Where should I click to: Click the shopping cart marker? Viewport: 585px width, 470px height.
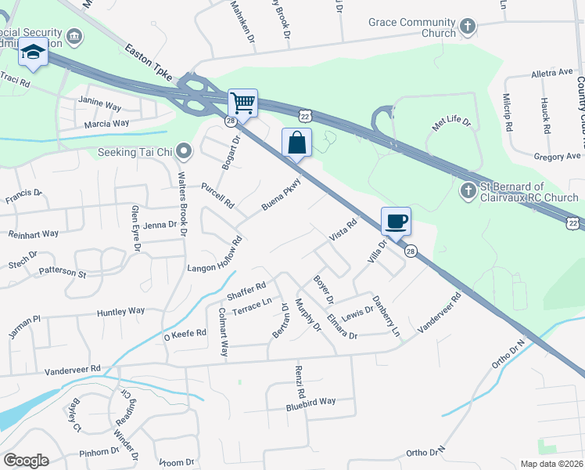point(242,103)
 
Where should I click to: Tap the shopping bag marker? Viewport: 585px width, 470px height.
point(296,143)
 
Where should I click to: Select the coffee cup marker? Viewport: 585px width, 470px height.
point(396,222)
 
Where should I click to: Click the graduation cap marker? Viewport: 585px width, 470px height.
point(34,52)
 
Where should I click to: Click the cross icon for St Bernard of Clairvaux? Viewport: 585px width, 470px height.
point(467,190)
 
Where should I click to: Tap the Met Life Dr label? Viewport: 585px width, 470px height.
point(452,122)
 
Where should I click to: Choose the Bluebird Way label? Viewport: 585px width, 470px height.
point(310,401)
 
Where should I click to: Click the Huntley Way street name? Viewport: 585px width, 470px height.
point(120,312)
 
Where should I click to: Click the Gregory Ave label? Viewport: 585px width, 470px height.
point(557,157)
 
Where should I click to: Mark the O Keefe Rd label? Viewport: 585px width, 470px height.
point(185,334)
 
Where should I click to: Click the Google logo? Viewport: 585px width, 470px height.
point(26,461)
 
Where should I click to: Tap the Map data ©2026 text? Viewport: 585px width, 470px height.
point(551,464)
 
